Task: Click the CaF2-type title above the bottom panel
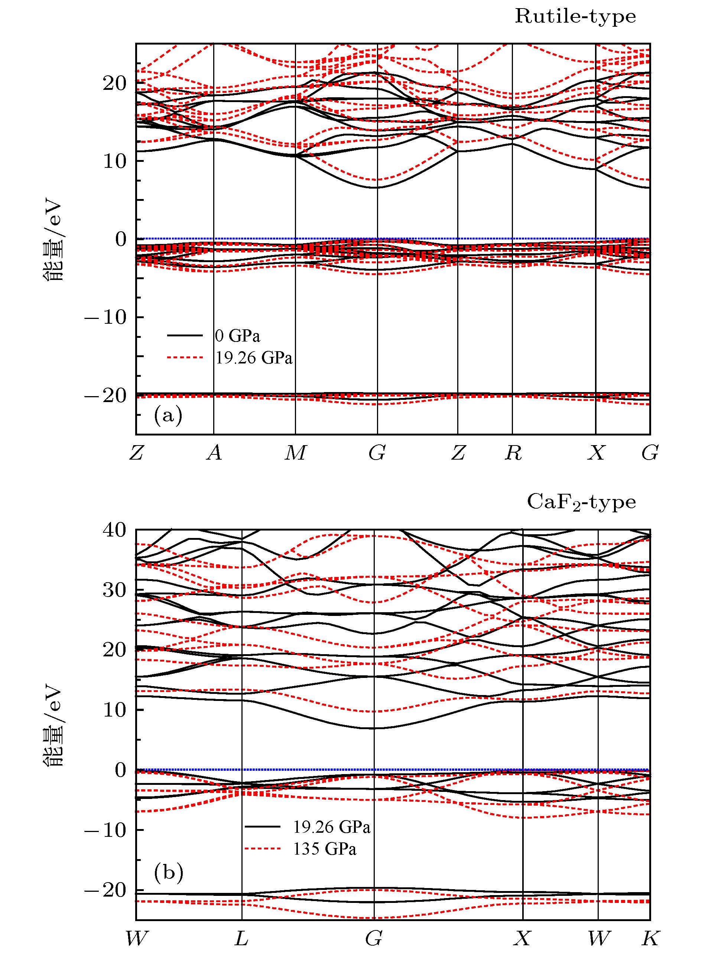click(x=581, y=502)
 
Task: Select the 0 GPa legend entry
click(x=237, y=336)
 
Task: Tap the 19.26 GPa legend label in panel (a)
click(x=254, y=358)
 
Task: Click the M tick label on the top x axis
click(x=295, y=453)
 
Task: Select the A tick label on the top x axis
click(x=214, y=453)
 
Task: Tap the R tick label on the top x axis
click(x=513, y=453)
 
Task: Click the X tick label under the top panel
click(x=596, y=453)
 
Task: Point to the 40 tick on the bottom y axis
click(x=114, y=530)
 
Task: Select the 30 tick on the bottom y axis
click(x=114, y=590)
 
